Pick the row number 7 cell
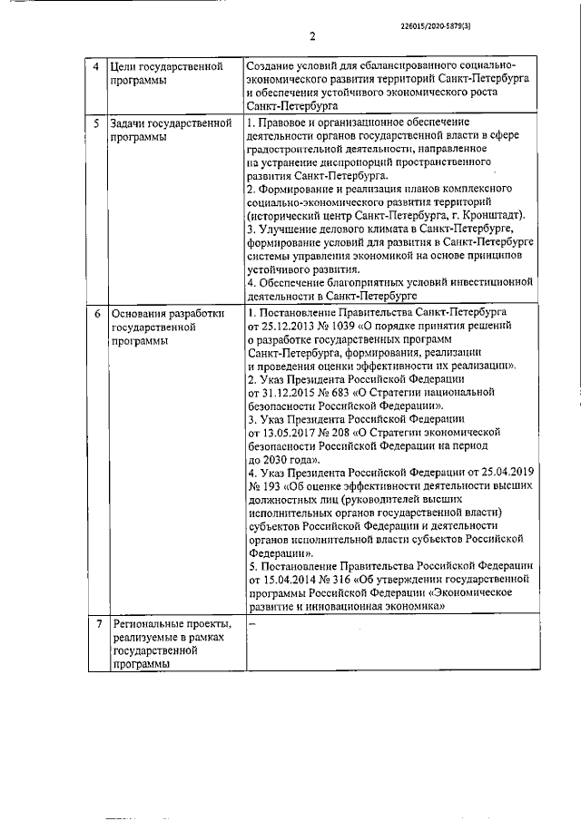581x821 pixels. (x=97, y=624)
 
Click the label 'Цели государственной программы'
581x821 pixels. (x=167, y=73)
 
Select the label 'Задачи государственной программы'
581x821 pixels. (x=168, y=129)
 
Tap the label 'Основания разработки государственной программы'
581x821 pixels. (x=164, y=327)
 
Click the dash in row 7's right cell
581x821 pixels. (x=253, y=625)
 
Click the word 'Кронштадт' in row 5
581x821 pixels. (x=497, y=216)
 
